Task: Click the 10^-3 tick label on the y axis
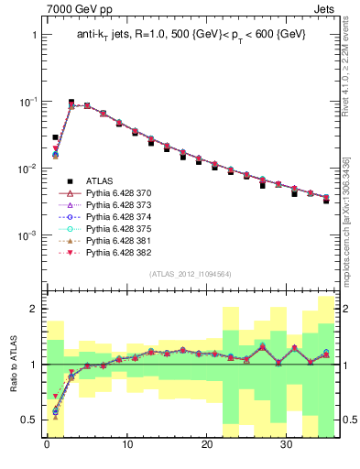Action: [27, 235]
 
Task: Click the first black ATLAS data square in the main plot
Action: [55, 137]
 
